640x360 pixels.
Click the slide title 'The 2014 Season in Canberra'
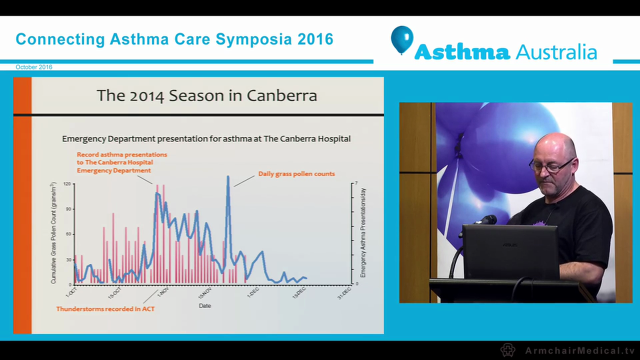206,95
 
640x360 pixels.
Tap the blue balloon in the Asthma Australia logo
402,39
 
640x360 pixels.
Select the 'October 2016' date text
33,67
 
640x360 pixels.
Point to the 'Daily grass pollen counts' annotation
296,174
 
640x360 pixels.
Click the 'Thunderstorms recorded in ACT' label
105,309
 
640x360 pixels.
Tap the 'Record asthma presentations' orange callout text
121,155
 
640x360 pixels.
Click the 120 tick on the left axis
67,184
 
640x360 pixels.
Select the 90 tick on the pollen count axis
68,209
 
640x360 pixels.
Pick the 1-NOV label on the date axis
162,291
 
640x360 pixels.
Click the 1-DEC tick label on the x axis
252,291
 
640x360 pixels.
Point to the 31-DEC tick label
344,292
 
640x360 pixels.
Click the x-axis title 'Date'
204,305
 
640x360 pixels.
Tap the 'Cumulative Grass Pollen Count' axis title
53,233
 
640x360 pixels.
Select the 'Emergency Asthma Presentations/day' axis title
363,233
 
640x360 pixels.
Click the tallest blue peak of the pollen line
228,177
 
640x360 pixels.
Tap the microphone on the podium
485,220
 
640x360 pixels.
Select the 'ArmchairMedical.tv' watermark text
579,350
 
